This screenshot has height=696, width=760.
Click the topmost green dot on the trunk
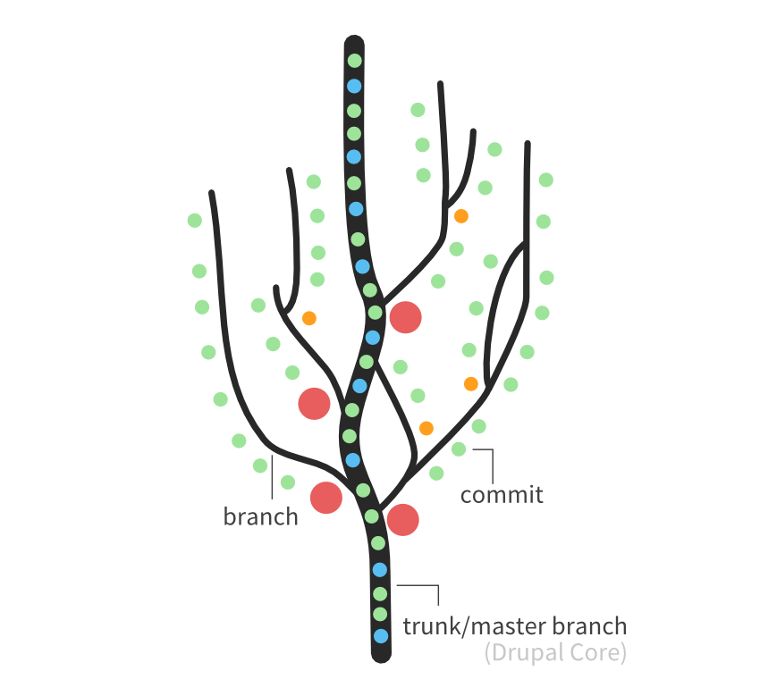354,62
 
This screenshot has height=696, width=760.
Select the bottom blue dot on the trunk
382,636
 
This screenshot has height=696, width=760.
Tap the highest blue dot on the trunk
354,87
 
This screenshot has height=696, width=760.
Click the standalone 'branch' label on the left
260,516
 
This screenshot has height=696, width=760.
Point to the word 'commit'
502,494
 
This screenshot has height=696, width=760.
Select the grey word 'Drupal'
524,653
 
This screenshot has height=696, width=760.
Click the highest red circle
405,317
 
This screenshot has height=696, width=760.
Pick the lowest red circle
402,519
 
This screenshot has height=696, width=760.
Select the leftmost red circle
314,403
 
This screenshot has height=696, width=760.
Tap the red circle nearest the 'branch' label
326,498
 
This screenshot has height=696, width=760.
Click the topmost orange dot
461,216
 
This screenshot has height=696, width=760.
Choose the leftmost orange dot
309,317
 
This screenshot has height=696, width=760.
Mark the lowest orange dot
426,428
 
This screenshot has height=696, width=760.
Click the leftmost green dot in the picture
194,220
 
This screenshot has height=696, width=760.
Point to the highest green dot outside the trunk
418,110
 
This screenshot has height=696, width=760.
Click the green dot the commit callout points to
459,449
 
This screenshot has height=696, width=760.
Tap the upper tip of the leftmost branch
212,193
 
